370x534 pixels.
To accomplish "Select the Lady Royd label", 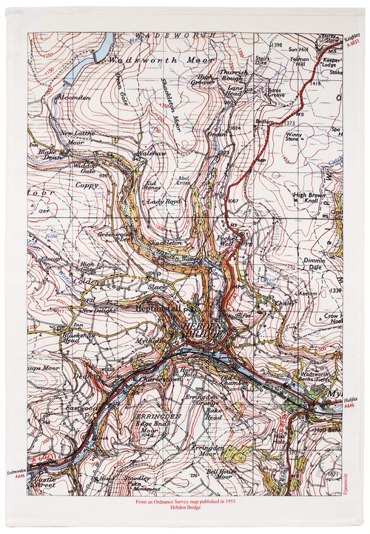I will pos(164,201).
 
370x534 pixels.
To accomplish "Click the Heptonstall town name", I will pos(161,307).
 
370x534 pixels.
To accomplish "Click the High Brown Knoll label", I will pos(312,198).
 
